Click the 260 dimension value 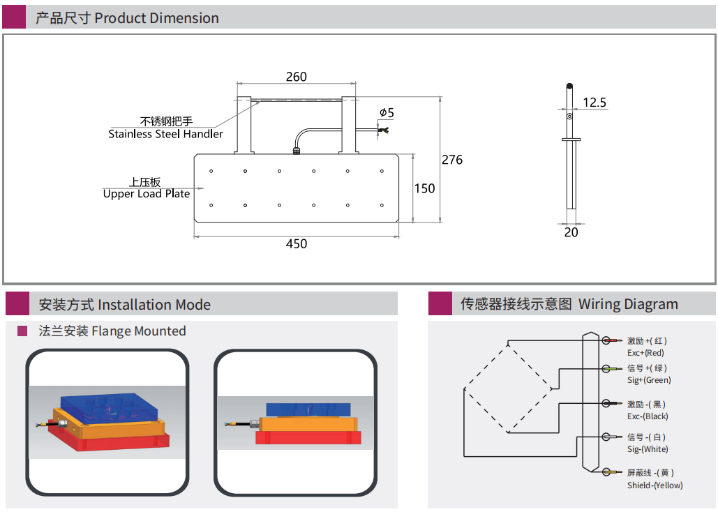(x=296, y=77)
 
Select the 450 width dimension (x=297, y=243)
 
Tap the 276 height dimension (x=452, y=160)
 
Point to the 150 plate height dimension (x=424, y=188)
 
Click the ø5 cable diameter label (x=387, y=112)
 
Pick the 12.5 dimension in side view (x=594, y=103)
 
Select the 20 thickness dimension (x=571, y=232)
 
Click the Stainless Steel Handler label (x=165, y=134)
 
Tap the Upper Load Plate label (x=147, y=194)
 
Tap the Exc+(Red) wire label (x=645, y=353)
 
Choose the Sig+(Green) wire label (x=649, y=380)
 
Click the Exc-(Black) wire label (x=648, y=416)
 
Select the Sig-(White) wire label (x=648, y=449)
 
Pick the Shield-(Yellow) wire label (x=655, y=485)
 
